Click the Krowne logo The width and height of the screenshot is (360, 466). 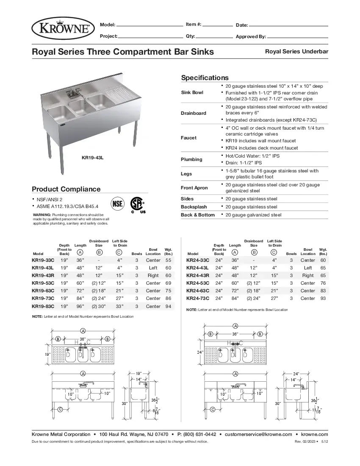pyautogui.click(x=63, y=28)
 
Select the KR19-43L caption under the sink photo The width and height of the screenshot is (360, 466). pyautogui.click(x=92, y=158)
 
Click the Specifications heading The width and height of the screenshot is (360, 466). pyautogui.click(x=205, y=78)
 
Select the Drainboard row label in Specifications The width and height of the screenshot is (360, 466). pyautogui.click(x=193, y=113)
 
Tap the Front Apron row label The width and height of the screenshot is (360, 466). pyautogui.click(x=194, y=188)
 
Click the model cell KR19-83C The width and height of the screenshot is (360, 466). pyautogui.click(x=43, y=306)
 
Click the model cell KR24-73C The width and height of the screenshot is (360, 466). pyautogui.click(x=197, y=298)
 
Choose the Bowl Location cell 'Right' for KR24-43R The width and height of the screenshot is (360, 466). pyautogui.click(x=307, y=275)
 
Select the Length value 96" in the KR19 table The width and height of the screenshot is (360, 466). pyautogui.click(x=80, y=306)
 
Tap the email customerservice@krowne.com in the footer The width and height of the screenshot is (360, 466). pyautogui.click(x=258, y=434)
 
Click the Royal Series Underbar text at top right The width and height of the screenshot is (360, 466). pyautogui.click(x=296, y=51)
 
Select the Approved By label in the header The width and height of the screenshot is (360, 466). pyautogui.click(x=251, y=36)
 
